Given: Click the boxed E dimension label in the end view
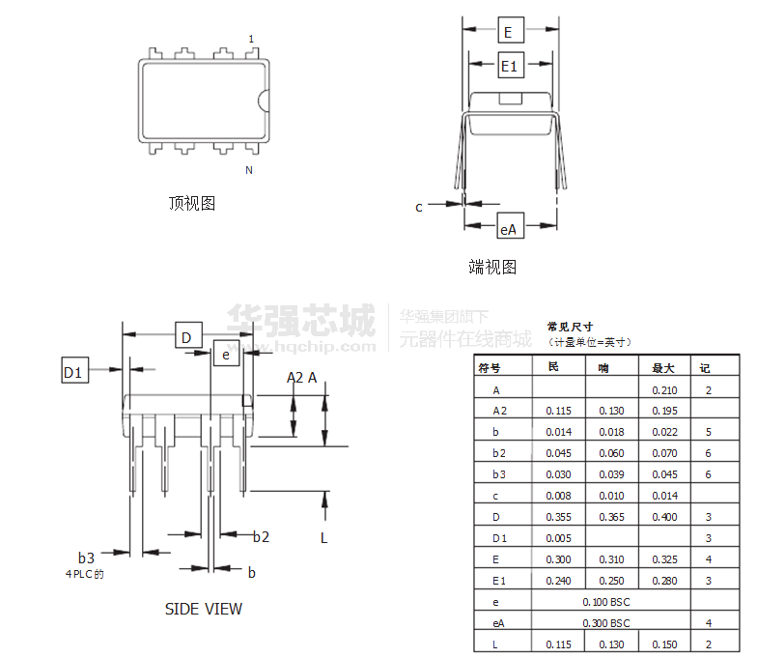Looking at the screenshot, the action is (x=512, y=31).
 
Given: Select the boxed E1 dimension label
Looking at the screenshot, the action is (x=510, y=65).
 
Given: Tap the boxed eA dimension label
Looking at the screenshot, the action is (x=510, y=225).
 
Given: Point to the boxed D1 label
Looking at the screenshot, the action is (x=75, y=370).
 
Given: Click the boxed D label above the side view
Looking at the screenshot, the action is (x=188, y=334).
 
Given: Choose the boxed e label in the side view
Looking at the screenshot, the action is (x=226, y=354).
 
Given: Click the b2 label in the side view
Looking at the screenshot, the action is (x=261, y=537).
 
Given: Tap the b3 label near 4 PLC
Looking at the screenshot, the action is (x=86, y=558).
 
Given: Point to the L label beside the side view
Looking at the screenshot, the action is (x=324, y=537).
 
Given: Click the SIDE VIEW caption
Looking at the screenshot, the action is (x=203, y=609).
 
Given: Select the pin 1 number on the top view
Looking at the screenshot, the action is (x=251, y=39).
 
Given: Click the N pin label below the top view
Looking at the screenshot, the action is (x=249, y=170).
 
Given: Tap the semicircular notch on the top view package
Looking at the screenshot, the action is (x=263, y=100).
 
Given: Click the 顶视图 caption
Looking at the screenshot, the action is (x=191, y=203).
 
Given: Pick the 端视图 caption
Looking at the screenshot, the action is (x=492, y=267).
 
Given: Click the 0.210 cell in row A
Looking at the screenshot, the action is (x=664, y=390).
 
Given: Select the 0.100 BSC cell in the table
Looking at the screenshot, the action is (x=606, y=602).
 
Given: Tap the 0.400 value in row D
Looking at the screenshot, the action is (x=664, y=517).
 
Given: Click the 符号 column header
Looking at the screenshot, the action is (x=489, y=368).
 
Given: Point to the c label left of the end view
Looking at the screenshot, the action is (x=419, y=207).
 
